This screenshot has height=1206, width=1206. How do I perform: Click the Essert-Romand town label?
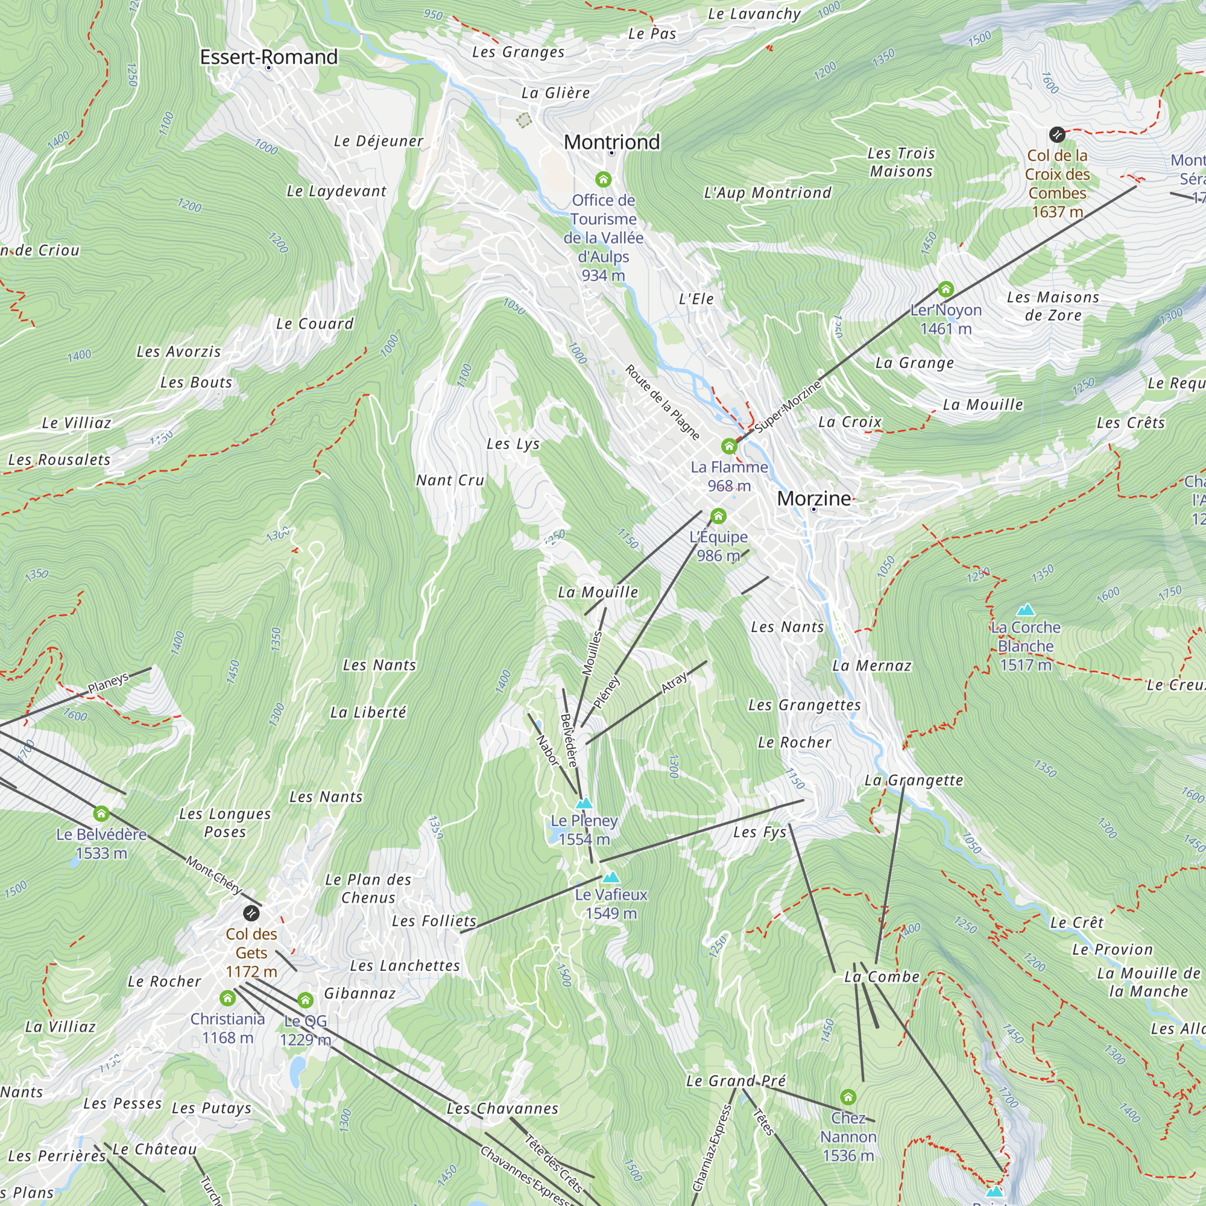pyautogui.click(x=268, y=57)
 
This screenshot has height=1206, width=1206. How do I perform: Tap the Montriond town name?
pyautogui.click(x=611, y=142)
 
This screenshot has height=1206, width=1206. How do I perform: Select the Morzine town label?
pyautogui.click(x=813, y=498)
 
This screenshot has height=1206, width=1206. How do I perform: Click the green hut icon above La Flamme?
pyautogui.click(x=728, y=446)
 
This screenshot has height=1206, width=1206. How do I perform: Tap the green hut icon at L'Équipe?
pyautogui.click(x=719, y=516)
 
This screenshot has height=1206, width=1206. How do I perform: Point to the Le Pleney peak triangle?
pyautogui.click(x=584, y=803)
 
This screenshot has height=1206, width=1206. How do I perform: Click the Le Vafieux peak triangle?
pyautogui.click(x=611, y=877)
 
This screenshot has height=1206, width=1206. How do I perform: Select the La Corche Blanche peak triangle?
pyautogui.click(x=1026, y=610)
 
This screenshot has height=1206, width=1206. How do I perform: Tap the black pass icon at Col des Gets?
pyautogui.click(x=251, y=913)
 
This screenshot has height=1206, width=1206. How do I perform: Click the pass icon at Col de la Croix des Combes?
pyautogui.click(x=1057, y=134)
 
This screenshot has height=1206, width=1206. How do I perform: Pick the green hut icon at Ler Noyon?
pyautogui.click(x=946, y=289)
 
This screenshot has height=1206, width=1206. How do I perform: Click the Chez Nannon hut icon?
pyautogui.click(x=848, y=1097)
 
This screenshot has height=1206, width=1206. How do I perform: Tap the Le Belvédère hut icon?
pyautogui.click(x=101, y=813)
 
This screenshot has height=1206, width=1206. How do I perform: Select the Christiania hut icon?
pyautogui.click(x=227, y=998)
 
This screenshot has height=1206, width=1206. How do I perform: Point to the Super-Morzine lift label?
pyautogui.click(x=788, y=406)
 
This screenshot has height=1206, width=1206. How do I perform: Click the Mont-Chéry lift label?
pyautogui.click(x=213, y=875)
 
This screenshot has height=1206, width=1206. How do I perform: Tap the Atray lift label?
pyautogui.click(x=675, y=681)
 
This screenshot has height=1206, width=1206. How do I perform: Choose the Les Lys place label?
pyautogui.click(x=513, y=444)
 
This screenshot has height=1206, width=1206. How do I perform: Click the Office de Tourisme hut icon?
pyautogui.click(x=602, y=180)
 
